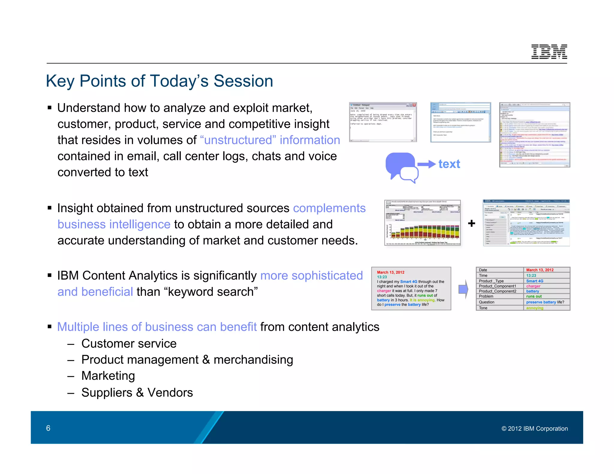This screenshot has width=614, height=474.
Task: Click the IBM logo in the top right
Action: [549, 52]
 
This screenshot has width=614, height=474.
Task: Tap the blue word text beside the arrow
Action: [449, 164]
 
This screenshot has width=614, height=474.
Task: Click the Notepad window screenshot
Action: [383, 122]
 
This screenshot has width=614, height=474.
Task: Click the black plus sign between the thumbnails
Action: [471, 223]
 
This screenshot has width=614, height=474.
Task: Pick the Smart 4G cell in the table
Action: [534, 281]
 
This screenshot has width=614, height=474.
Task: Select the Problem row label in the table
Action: [486, 296]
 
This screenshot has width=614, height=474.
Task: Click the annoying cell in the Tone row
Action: [535, 308]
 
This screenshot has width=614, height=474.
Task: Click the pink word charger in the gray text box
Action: [384, 291]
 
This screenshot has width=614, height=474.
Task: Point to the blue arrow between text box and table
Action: [463, 289]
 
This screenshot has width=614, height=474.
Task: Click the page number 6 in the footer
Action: [48, 428]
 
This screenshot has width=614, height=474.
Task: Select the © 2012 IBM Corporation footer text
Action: [534, 429]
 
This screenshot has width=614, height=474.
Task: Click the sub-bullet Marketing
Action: [108, 376]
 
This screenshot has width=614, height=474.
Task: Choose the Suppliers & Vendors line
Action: [137, 393]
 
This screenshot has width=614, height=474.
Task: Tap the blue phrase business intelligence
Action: [114, 224]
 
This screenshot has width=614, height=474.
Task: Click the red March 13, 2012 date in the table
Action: [540, 270]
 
